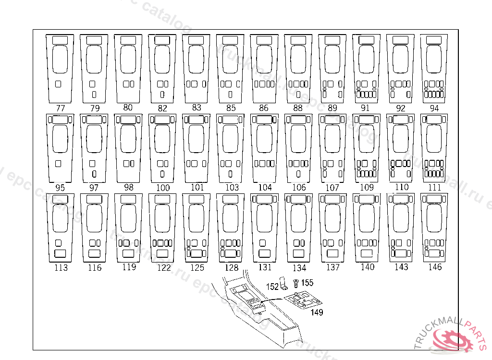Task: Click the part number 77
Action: (61, 108)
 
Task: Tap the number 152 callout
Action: (272, 287)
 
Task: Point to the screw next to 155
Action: (296, 284)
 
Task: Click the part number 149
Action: (317, 312)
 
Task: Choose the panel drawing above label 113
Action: (61, 228)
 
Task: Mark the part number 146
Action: (435, 267)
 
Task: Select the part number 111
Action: (434, 187)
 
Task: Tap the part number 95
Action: (60, 188)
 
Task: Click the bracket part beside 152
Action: (284, 286)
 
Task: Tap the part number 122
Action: (163, 267)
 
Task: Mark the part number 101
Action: (197, 187)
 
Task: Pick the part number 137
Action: (332, 267)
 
